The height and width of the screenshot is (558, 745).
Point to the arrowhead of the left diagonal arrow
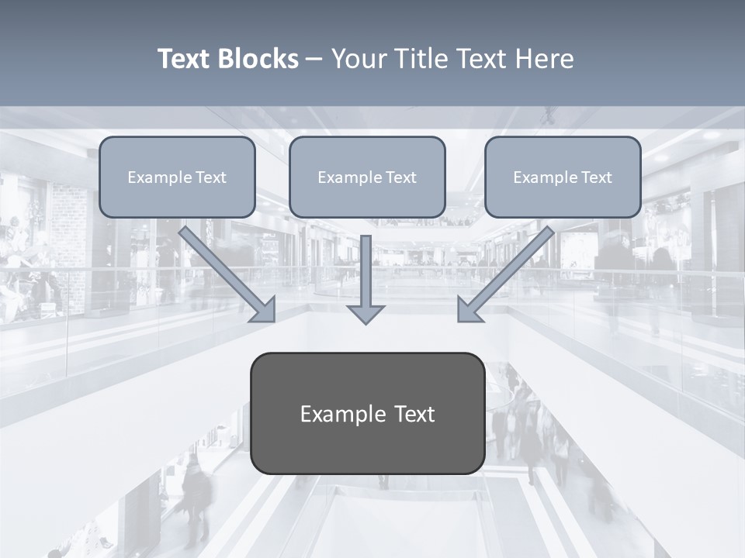[264, 310]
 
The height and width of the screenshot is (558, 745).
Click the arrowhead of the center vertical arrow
[366, 313]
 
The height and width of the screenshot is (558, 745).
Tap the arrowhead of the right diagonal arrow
[469, 310]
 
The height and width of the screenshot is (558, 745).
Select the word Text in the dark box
[414, 415]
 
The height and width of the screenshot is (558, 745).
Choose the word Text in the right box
[597, 177]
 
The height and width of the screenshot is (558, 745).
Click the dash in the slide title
[314, 60]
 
